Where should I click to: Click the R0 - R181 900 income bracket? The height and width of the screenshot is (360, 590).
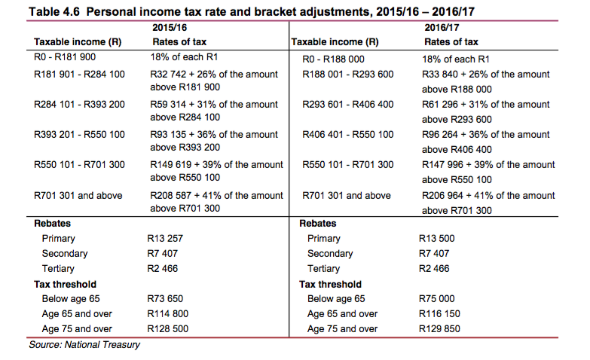pyautogui.click(x=65, y=57)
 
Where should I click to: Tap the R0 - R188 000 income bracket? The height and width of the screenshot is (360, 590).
pyautogui.click(x=332, y=58)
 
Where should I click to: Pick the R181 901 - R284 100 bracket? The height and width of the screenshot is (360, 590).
pyautogui.click(x=80, y=75)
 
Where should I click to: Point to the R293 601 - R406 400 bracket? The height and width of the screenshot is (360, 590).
pyautogui.click(x=347, y=105)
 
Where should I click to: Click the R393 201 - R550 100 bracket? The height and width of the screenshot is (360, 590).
pyautogui.click(x=80, y=135)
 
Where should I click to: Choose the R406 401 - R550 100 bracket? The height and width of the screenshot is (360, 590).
pyautogui.click(x=347, y=135)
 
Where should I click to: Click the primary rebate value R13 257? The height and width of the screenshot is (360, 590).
pyautogui.click(x=167, y=239)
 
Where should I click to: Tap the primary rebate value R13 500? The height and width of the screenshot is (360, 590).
pyautogui.click(x=436, y=239)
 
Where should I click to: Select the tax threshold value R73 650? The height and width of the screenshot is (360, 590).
pyautogui.click(x=167, y=299)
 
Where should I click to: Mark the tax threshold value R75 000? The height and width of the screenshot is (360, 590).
pyautogui.click(x=436, y=299)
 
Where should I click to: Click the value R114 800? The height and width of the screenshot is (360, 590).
pyautogui.click(x=169, y=314)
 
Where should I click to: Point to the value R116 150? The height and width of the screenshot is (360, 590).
pyautogui.click(x=439, y=314)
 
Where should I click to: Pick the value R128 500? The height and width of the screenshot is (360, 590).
pyautogui.click(x=169, y=329)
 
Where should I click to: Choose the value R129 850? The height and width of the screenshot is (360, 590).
pyautogui.click(x=439, y=329)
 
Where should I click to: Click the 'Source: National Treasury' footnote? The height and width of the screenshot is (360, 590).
pyautogui.click(x=84, y=345)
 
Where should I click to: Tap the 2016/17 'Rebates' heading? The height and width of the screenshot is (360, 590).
pyautogui.click(x=318, y=224)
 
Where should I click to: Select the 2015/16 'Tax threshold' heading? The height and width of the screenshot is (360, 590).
pyautogui.click(x=66, y=285)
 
